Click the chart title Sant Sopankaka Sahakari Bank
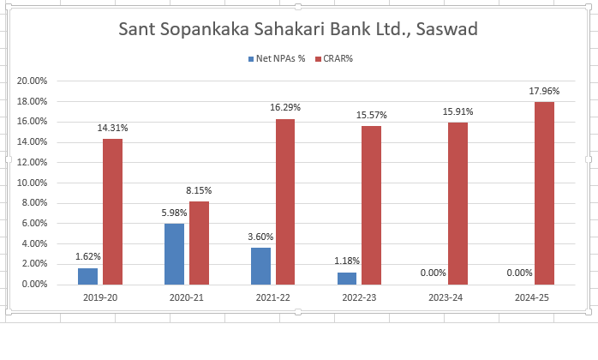[x=297, y=29]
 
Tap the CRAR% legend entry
[x=338, y=59]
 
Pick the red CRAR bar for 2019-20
[x=112, y=211]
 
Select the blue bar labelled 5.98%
[x=174, y=254]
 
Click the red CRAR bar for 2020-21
[x=199, y=243]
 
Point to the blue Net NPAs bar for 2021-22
[x=260, y=266]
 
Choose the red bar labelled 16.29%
[x=285, y=201]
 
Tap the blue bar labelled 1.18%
[x=347, y=278]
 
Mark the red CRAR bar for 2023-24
[x=457, y=203]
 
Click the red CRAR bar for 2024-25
[x=544, y=193]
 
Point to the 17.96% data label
[x=544, y=91]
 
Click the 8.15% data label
[x=199, y=190]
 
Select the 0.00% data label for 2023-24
[x=433, y=273]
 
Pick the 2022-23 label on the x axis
[x=359, y=297]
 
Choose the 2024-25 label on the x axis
[x=531, y=297]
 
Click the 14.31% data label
[x=112, y=128]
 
